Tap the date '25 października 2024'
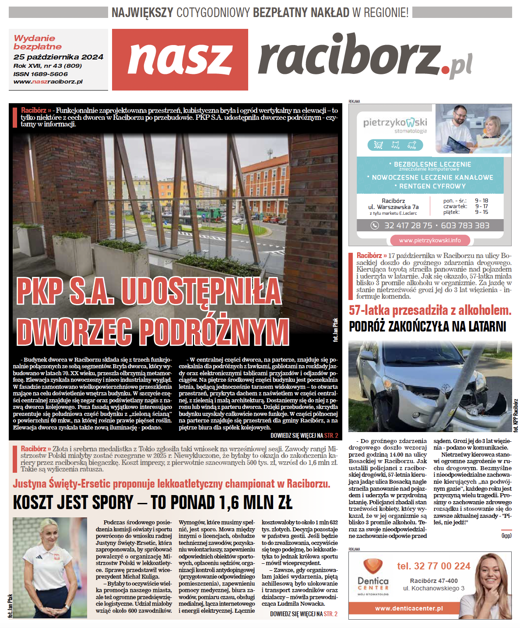(58, 57)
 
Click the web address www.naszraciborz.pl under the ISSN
(48, 82)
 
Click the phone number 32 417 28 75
(408, 226)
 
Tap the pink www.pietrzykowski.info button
(429, 240)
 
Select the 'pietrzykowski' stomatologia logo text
(395, 123)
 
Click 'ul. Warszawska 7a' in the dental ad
(393, 207)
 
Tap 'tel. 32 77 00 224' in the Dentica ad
(433, 566)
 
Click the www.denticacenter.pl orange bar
(408, 608)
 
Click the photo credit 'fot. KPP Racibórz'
(516, 415)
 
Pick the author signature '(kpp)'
(506, 536)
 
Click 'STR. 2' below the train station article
(331, 436)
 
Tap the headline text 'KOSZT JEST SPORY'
(73, 503)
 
